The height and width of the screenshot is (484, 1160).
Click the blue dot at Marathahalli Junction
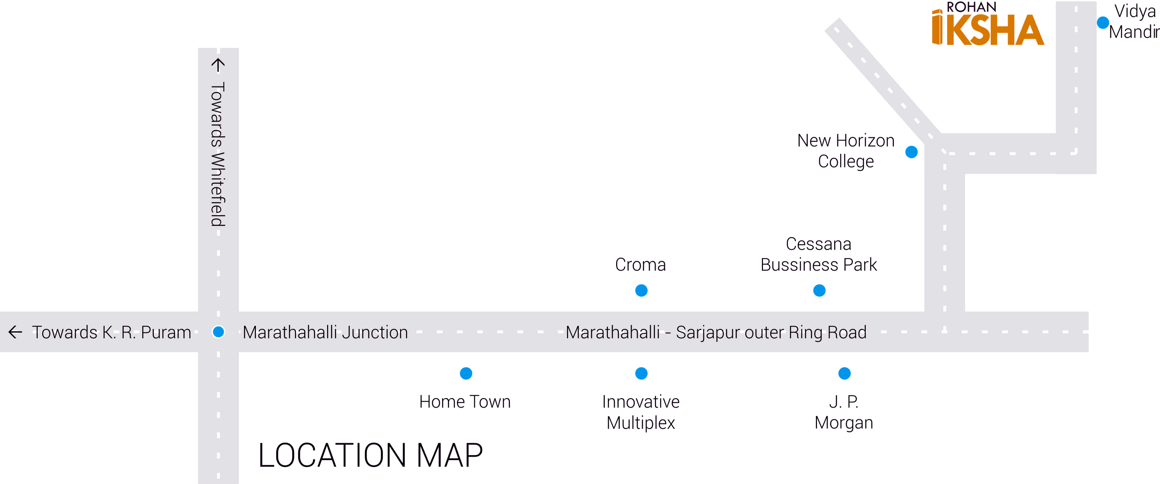tap(218, 332)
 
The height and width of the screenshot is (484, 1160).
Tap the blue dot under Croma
tap(641, 291)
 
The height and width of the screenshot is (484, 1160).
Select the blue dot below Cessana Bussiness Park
tap(819, 291)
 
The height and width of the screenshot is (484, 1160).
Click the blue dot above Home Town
tap(466, 373)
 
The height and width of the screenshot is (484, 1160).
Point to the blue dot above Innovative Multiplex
tap(641, 373)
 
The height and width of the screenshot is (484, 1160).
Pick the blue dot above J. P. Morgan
tap(844, 373)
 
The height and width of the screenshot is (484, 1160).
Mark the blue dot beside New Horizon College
tap(911, 152)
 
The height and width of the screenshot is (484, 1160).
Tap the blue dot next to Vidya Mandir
tap(1103, 23)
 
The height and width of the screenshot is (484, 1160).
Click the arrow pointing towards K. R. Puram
tap(15, 332)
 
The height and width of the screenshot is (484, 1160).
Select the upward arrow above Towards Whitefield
tap(218, 65)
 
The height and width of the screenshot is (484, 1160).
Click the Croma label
tap(640, 265)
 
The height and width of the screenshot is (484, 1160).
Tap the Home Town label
tap(465, 402)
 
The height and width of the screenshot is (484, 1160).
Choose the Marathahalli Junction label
tap(325, 332)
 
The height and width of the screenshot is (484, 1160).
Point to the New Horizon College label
tap(846, 151)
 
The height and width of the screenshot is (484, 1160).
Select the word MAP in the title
tap(449, 455)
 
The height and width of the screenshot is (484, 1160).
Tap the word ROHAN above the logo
tap(971, 7)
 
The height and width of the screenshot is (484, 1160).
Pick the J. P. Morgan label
tap(844, 412)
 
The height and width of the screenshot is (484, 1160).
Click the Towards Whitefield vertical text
tap(218, 154)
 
